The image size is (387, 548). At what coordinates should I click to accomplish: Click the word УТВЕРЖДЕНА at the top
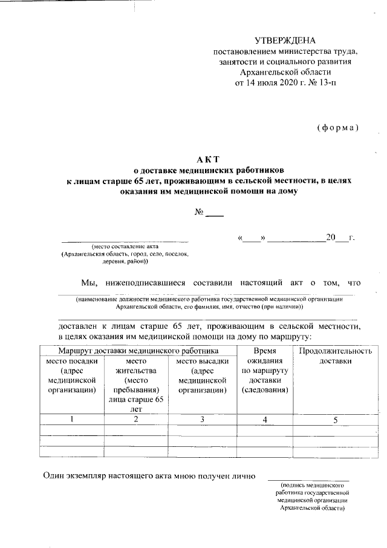(285, 41)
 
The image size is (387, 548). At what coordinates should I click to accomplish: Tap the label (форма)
(337, 128)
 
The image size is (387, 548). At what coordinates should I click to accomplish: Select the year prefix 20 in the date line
(331, 237)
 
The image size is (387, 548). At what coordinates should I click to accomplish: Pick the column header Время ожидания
(265, 356)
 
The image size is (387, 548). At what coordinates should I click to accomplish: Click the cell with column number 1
(71, 419)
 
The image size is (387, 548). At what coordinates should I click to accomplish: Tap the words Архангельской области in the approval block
(285, 71)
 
